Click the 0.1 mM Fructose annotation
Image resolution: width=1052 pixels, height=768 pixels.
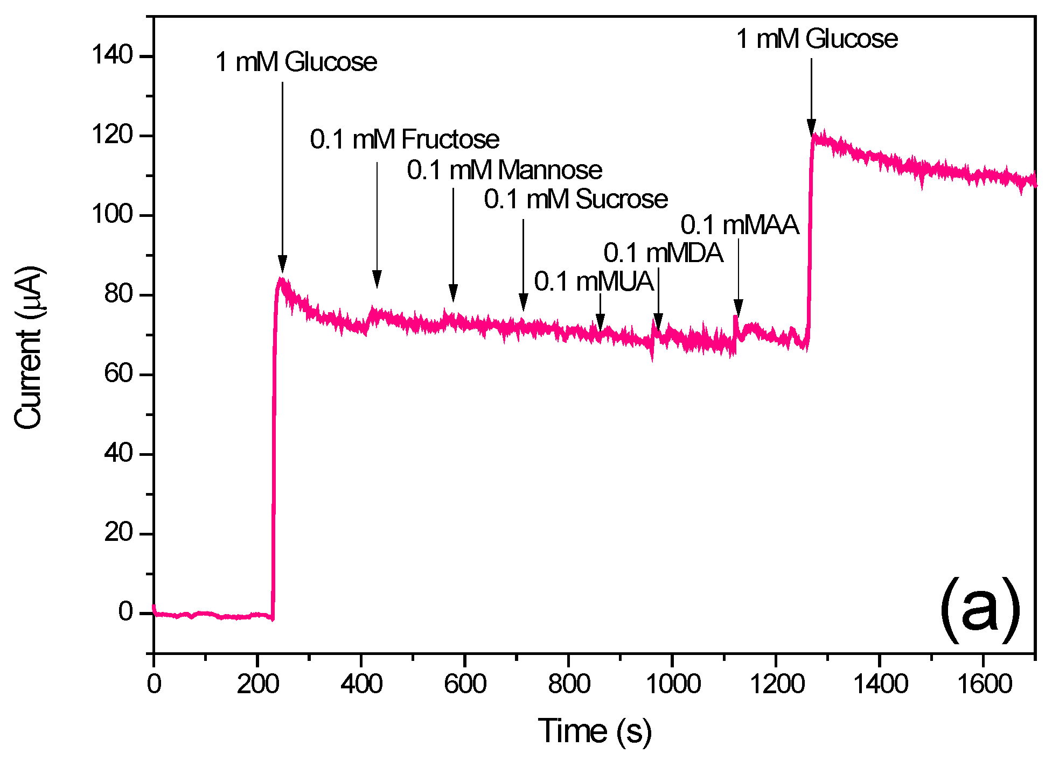405,139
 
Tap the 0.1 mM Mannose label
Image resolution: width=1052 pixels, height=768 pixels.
504,171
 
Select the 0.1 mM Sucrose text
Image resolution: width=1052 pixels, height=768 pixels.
576,200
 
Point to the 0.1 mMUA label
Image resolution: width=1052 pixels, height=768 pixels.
594,281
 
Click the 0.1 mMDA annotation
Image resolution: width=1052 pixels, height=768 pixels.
663,253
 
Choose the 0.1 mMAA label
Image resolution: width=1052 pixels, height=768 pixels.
740,225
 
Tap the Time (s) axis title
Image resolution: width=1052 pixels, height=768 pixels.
595,731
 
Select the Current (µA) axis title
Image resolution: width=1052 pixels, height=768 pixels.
28,348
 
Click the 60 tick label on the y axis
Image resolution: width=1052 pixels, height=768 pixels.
119,374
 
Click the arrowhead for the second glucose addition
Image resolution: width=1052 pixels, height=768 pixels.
811,128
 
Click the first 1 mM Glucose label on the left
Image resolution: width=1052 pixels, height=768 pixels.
296,62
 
